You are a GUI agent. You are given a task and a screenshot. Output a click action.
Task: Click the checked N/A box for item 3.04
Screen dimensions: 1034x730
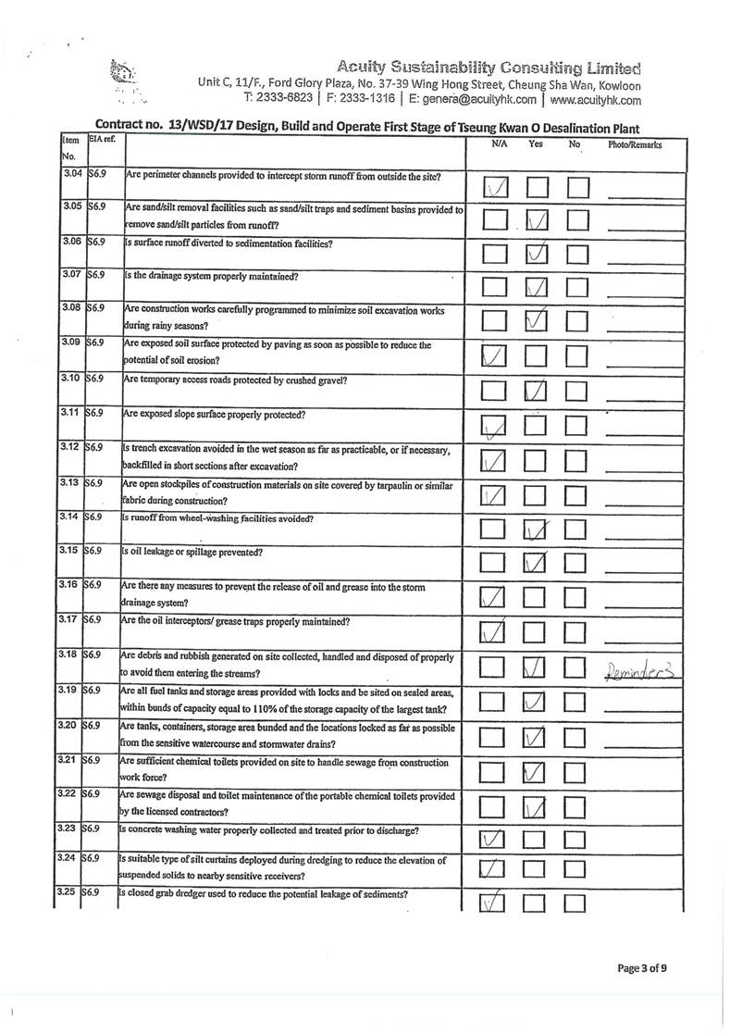[495, 189]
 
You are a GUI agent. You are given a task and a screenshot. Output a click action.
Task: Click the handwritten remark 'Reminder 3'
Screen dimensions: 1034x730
[641, 667]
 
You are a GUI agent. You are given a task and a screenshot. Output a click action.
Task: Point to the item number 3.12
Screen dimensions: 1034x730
[71, 448]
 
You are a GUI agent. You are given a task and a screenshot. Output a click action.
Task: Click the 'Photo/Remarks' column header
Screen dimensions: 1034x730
[634, 145]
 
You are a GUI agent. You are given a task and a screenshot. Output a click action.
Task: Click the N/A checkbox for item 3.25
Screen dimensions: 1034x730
[495, 903]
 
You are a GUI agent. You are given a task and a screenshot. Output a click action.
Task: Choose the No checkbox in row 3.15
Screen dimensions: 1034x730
[578, 562]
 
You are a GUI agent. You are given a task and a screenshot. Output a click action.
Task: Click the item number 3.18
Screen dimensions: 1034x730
[71, 654]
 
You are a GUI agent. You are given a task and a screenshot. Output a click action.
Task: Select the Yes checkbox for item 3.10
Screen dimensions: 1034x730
[537, 392]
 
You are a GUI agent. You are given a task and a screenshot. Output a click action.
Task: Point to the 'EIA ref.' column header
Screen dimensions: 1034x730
[100, 140]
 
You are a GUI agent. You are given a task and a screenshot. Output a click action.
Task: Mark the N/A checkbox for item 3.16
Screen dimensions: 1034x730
[495, 596]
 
